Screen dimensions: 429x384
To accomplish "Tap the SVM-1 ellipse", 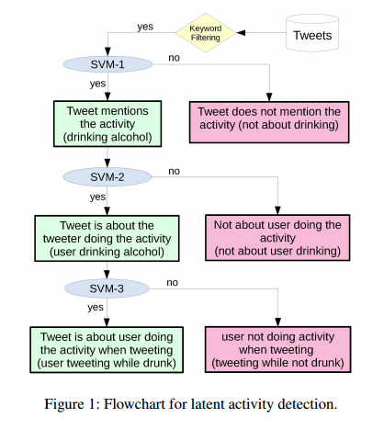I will [x=108, y=63].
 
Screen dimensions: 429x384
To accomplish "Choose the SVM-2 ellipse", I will [x=108, y=175].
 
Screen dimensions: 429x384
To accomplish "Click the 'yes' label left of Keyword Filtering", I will [x=145, y=26].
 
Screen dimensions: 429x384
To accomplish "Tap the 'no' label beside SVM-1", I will [x=174, y=58].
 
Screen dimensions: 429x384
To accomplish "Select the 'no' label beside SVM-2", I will [x=174, y=170].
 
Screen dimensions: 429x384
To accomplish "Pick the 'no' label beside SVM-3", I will [x=174, y=282].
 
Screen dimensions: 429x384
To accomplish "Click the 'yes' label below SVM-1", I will [x=97, y=84].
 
